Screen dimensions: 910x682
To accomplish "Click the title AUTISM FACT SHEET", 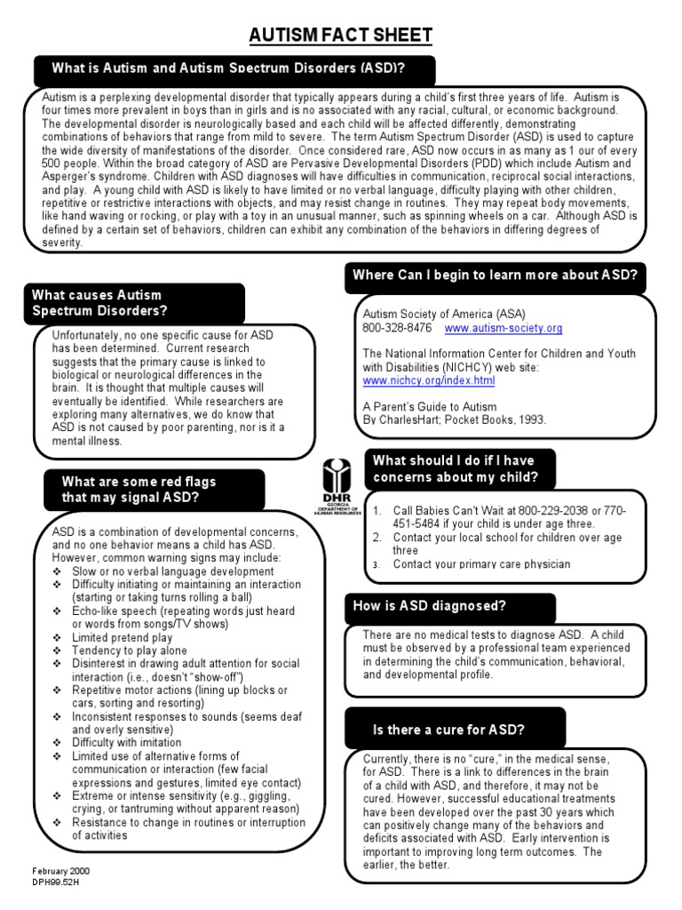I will (340, 35).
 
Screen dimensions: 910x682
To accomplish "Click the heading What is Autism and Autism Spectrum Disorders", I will (234, 68).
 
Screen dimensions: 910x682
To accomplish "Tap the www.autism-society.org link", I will (503, 328).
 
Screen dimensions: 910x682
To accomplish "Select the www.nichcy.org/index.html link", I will (429, 380).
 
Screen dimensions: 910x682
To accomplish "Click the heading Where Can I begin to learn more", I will (495, 275).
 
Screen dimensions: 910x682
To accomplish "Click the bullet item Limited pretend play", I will (123, 637).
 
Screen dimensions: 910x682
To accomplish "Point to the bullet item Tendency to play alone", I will (130, 651).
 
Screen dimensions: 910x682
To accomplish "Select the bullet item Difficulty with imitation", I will (127, 742).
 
